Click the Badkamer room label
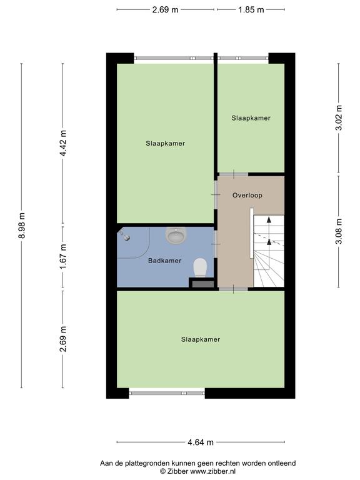[x=165, y=261]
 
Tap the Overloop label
[x=247, y=195]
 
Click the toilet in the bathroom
[x=200, y=267]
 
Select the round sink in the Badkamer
[x=176, y=235]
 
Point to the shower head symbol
[x=124, y=235]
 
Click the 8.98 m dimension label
[x=21, y=225]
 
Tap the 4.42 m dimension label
[x=63, y=143]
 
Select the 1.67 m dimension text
[x=63, y=257]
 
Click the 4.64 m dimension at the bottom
[x=201, y=442]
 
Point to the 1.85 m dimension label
[x=251, y=9]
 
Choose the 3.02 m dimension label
[x=339, y=118]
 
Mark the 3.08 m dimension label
[x=339, y=231]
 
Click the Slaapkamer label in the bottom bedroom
[x=201, y=339]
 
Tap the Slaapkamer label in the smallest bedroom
[x=251, y=118]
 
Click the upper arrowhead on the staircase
[x=269, y=219]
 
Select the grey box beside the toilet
[x=202, y=284]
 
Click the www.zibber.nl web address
[x=212, y=471]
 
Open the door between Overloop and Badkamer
[x=216, y=244]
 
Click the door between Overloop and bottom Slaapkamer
[x=233, y=289]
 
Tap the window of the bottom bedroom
[x=167, y=393]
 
